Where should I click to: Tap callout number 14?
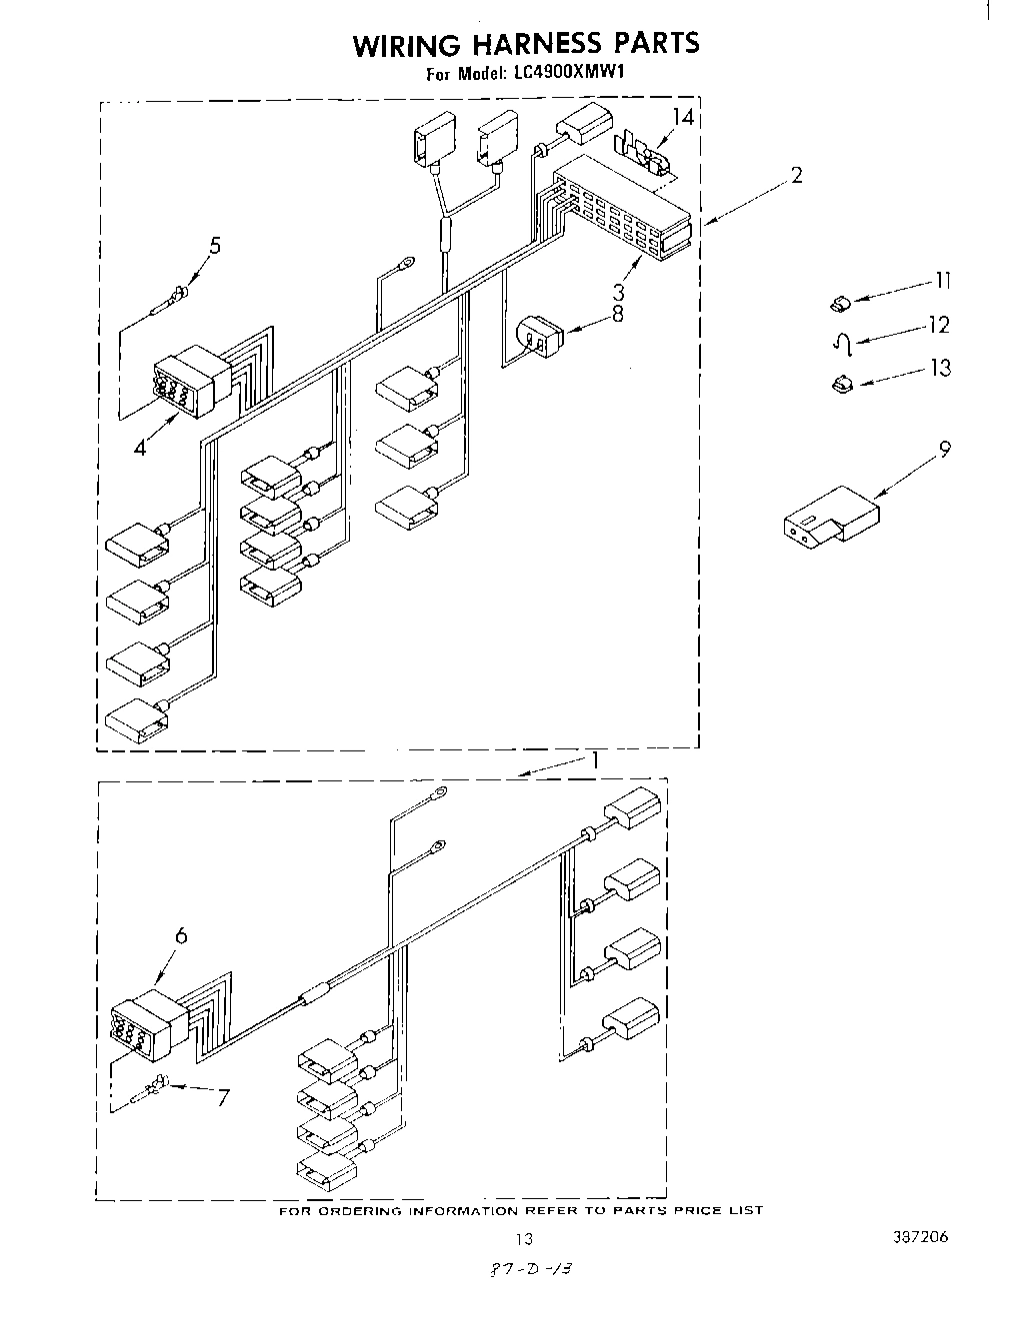point(683,117)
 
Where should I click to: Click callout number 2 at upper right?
point(796,176)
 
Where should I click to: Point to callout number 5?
point(214,246)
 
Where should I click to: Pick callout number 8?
point(617,313)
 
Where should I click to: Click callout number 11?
point(941,281)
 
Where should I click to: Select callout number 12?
point(938,325)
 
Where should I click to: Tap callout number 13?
point(940,369)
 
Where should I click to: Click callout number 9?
point(943,449)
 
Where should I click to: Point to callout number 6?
point(181,935)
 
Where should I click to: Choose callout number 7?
point(222,1097)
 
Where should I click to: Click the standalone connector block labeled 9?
point(831,515)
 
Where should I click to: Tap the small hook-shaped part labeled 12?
point(843,345)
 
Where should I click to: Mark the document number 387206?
point(922,1238)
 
